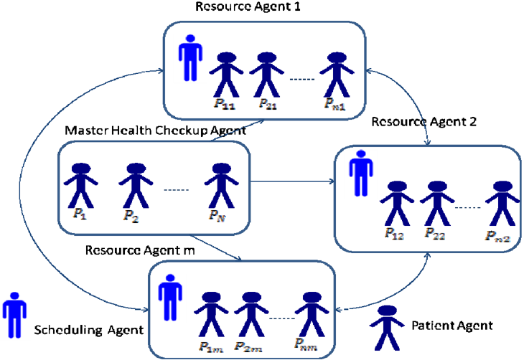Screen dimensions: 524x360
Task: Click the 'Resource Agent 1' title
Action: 248,6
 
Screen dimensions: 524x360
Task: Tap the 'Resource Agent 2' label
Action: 424,122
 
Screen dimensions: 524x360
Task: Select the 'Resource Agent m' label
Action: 140,250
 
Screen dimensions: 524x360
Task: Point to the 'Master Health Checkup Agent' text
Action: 155,131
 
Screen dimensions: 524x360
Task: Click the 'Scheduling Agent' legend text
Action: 89,330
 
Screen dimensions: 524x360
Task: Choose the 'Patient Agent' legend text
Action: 452,326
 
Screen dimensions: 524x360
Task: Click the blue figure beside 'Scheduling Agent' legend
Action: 14,316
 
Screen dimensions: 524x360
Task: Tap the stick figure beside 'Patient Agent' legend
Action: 387,327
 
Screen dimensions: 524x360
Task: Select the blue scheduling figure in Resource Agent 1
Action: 190,58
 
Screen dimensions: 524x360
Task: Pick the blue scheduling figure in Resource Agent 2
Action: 361,174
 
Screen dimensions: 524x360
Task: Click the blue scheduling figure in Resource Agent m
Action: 170,298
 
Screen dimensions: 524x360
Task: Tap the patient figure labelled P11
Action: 226,75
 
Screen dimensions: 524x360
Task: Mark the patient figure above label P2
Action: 136,186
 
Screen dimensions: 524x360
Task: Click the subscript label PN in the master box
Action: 217,216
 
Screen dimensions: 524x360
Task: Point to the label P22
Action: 435,234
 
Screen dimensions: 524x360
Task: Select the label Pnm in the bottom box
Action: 306,344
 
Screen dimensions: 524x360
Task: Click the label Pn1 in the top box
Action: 334,104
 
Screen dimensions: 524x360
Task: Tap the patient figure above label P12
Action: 397,204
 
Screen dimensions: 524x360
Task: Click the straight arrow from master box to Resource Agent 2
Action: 292,181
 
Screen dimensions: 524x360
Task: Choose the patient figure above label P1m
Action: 211,314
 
